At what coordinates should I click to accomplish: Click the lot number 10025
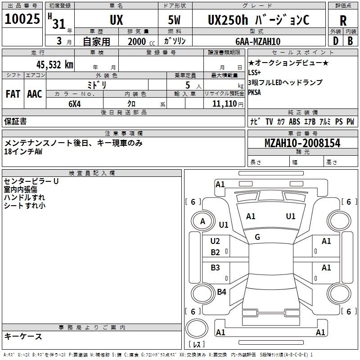[x=22, y=19]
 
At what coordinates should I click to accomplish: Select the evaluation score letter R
[x=343, y=21]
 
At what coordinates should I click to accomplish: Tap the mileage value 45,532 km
[x=54, y=65]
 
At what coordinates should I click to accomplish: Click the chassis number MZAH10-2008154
[x=302, y=143]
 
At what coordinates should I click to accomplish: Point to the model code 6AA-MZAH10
[x=258, y=41]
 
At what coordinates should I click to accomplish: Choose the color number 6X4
[x=75, y=104]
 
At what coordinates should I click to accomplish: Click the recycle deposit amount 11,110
[x=224, y=104]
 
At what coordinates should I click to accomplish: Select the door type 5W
[x=174, y=20]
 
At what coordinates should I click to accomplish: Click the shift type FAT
[x=13, y=94]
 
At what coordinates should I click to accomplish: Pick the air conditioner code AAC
[x=35, y=94]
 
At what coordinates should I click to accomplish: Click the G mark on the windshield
[x=257, y=237]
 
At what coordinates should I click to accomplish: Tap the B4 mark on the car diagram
[x=221, y=292]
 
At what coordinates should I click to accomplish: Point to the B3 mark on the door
[x=215, y=267]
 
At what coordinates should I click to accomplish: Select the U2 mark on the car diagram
[x=215, y=241]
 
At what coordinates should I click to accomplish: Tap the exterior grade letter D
[x=336, y=41]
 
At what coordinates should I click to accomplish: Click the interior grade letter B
[x=350, y=41]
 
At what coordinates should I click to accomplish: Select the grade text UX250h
[x=228, y=20]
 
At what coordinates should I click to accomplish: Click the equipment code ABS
[x=294, y=121]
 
